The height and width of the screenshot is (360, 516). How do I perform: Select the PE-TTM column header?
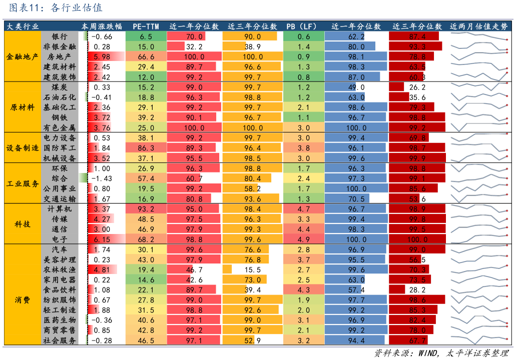tap(146, 26)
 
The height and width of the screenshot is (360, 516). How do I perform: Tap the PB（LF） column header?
tap(303, 26)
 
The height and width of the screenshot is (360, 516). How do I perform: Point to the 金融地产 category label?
tap(23, 56)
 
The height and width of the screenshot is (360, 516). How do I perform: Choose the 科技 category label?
tap(23, 224)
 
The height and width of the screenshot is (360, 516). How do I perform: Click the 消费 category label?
tap(23, 300)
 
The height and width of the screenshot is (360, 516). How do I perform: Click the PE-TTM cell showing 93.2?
tap(146, 208)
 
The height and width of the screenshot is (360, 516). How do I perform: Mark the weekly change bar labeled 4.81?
tap(102, 269)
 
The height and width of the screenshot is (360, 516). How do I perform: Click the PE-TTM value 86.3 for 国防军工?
tap(146, 148)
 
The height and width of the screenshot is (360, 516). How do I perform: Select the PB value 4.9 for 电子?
tap(303, 239)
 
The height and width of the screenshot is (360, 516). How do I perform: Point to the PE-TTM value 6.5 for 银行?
tap(146, 36)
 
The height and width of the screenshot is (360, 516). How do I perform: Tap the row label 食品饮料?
tap(59, 290)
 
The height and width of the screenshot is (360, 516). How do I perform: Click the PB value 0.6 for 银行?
tap(303, 36)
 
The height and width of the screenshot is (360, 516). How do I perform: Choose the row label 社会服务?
tap(59, 340)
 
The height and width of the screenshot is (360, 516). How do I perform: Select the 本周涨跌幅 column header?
tap(102, 26)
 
